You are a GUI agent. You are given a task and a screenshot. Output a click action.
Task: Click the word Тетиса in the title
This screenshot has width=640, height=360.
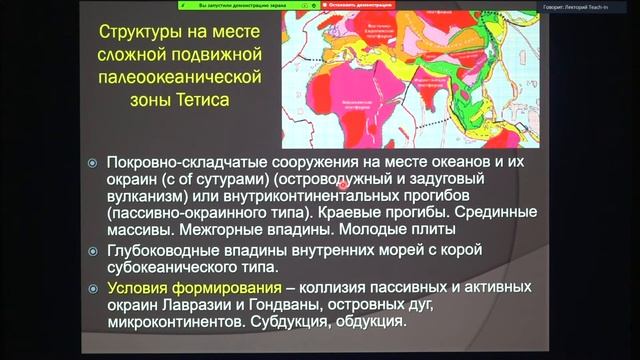pos(198,100)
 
